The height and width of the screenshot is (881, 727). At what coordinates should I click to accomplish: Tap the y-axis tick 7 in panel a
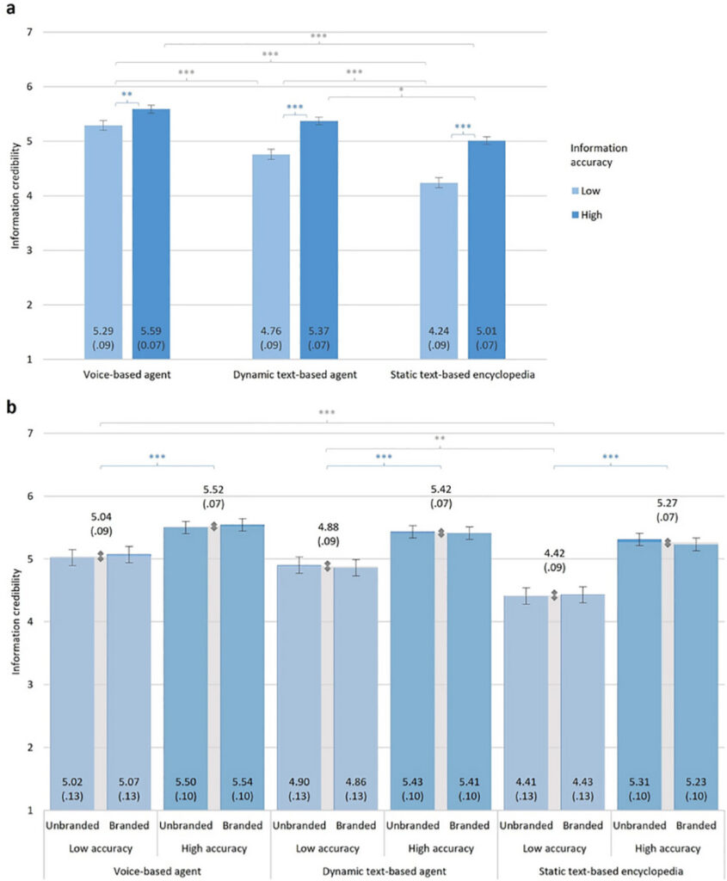[x=29, y=32]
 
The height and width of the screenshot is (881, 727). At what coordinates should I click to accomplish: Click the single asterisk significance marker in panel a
[x=401, y=89]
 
